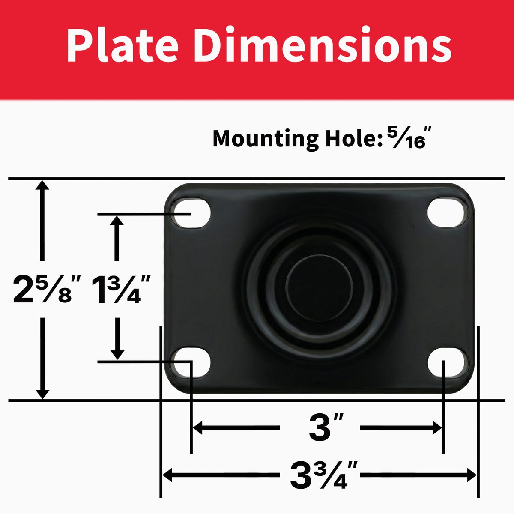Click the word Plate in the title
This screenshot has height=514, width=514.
coord(122,45)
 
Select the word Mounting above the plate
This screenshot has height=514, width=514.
coord(266,140)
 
